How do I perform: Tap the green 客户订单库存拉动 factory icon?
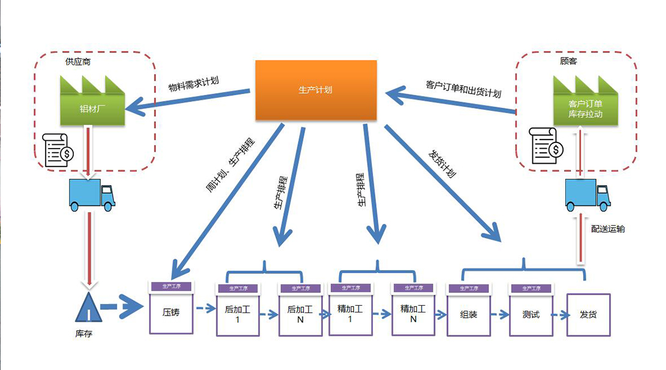[x=585, y=106]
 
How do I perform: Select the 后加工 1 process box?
[x=237, y=314]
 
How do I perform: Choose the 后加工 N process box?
[x=300, y=314]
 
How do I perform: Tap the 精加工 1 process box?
[x=350, y=314]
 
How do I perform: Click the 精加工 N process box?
[x=413, y=314]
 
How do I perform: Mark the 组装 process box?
[x=468, y=314]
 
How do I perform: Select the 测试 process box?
[x=531, y=314]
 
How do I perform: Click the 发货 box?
[x=588, y=315]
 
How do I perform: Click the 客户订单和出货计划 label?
[x=463, y=88]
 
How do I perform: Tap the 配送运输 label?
[x=607, y=229]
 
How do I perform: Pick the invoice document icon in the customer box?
[x=546, y=145]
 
